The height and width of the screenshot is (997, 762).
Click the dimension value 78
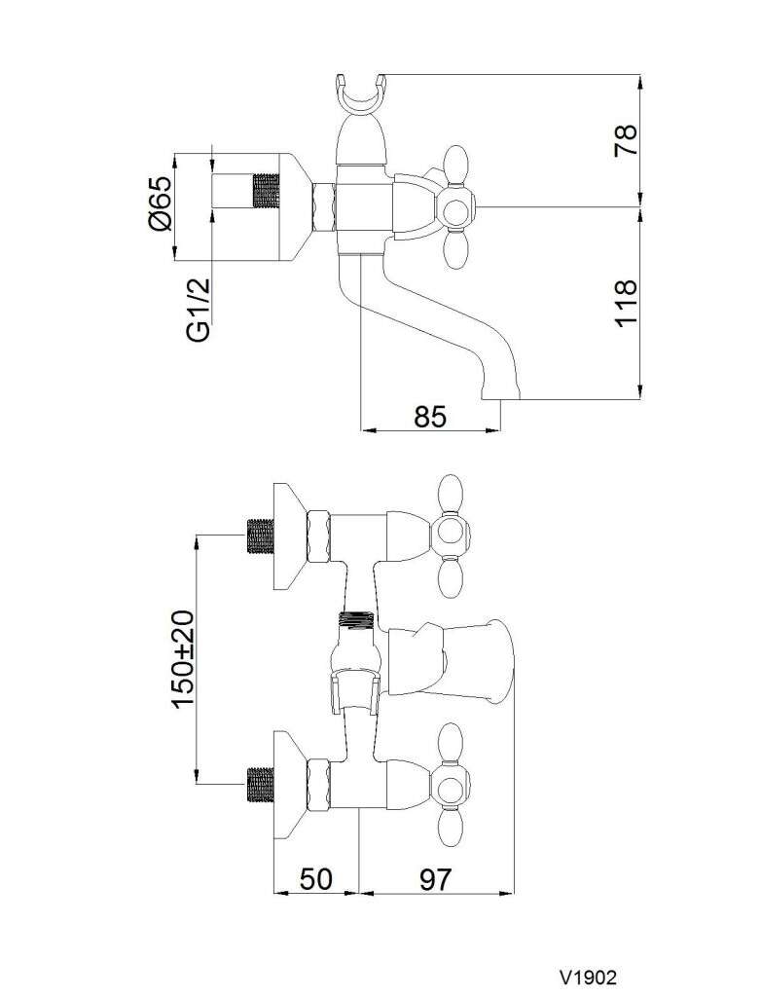click(x=626, y=140)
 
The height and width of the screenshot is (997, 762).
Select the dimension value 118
click(x=626, y=304)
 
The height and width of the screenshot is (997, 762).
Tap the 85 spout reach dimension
click(x=430, y=417)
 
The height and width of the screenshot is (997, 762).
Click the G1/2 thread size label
click(x=200, y=309)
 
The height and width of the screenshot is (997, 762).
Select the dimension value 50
click(x=316, y=879)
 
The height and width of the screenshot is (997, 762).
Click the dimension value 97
click(x=435, y=879)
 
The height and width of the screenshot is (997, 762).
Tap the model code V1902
click(x=588, y=976)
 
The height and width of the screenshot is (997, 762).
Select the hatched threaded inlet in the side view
click(x=267, y=190)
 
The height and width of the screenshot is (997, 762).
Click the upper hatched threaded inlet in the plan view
click(x=260, y=536)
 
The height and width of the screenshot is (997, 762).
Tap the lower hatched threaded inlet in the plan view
click(x=260, y=785)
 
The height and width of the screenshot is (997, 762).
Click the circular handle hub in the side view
click(x=455, y=207)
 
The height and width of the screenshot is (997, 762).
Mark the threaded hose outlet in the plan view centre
click(x=359, y=618)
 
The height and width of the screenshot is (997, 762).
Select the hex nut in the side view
click(x=323, y=207)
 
